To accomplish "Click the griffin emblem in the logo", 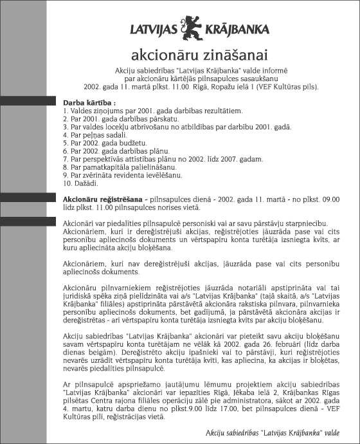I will click(191, 26).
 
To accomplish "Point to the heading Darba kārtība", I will click(89, 103).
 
